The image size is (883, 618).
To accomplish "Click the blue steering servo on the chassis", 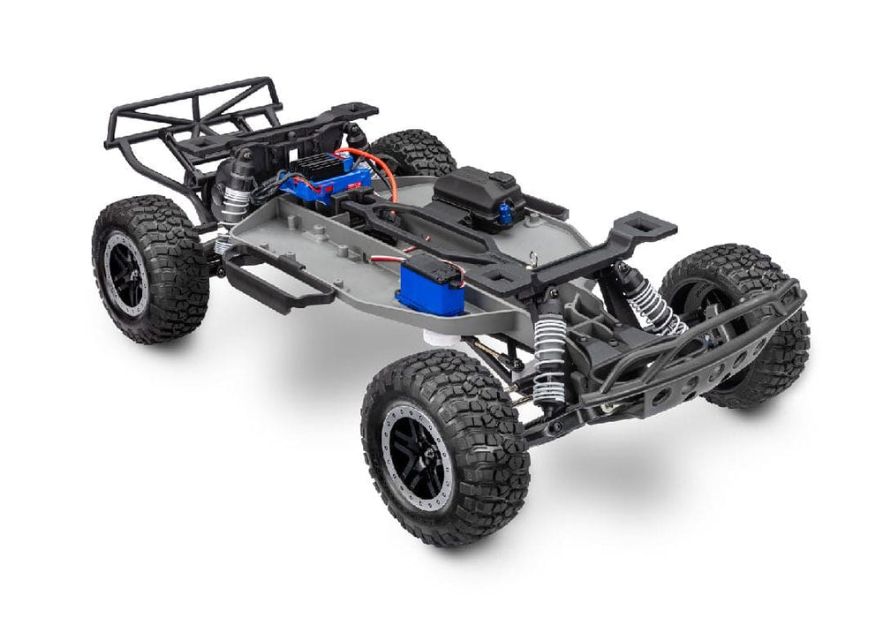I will [431, 288].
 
